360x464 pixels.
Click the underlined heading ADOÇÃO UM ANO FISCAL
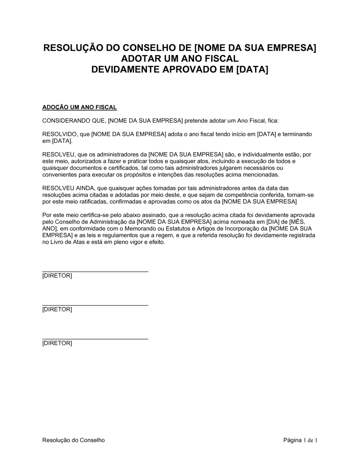coord(80,107)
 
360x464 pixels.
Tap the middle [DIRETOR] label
coord(57,309)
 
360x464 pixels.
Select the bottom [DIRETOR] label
coord(57,343)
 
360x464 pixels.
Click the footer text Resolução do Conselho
coord(73,440)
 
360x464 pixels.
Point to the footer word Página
coord(292,440)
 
